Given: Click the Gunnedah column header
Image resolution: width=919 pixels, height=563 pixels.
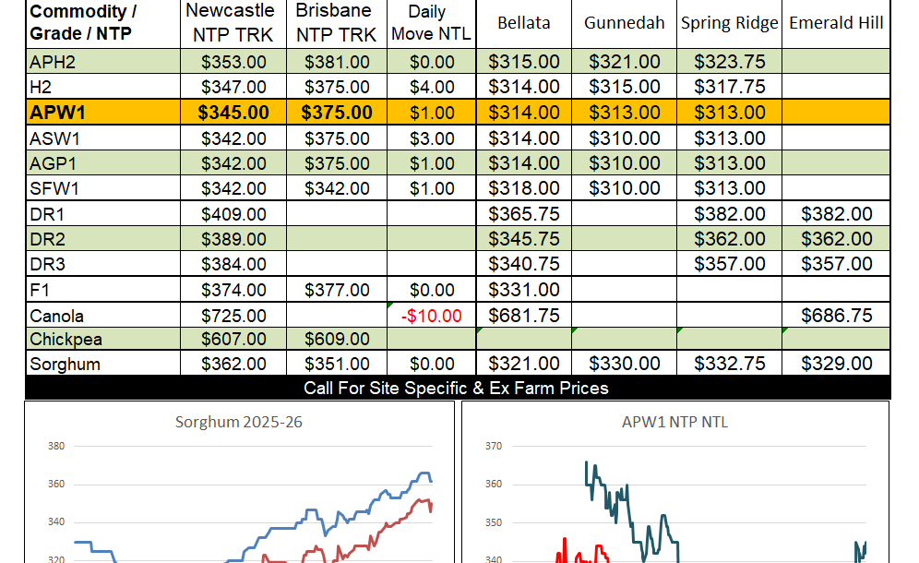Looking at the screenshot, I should click(x=624, y=23).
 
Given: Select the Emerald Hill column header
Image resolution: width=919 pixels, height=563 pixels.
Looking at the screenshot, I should click(x=836, y=23).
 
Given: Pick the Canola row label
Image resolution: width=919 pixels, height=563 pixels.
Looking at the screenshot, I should click(x=57, y=316).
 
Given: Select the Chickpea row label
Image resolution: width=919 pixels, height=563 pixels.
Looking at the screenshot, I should click(x=65, y=340).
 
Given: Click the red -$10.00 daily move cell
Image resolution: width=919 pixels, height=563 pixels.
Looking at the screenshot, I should click(x=431, y=316).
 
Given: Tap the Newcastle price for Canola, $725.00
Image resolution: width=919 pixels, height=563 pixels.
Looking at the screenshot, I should click(x=233, y=316).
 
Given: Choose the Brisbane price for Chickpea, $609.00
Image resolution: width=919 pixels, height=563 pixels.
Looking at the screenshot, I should click(x=336, y=340).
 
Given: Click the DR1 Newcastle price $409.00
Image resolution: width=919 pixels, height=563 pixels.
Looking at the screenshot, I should click(x=233, y=214).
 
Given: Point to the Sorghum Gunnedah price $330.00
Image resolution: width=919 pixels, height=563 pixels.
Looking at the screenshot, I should click(x=624, y=365).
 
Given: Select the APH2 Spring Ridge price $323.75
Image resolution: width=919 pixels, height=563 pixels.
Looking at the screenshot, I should click(x=730, y=63).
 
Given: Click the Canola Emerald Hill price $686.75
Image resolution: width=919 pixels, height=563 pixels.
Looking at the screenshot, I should click(x=836, y=316).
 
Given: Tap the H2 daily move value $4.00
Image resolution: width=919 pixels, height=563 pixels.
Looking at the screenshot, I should click(x=431, y=88).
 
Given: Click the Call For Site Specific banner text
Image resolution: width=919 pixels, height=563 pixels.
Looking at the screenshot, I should click(x=456, y=388).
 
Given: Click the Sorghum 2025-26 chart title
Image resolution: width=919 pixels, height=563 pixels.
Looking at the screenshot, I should click(x=239, y=423).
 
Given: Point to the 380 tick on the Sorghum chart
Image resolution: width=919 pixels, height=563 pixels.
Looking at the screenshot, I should click(x=55, y=447).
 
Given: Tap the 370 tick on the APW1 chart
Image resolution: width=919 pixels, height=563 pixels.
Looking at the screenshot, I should click(x=493, y=447).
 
